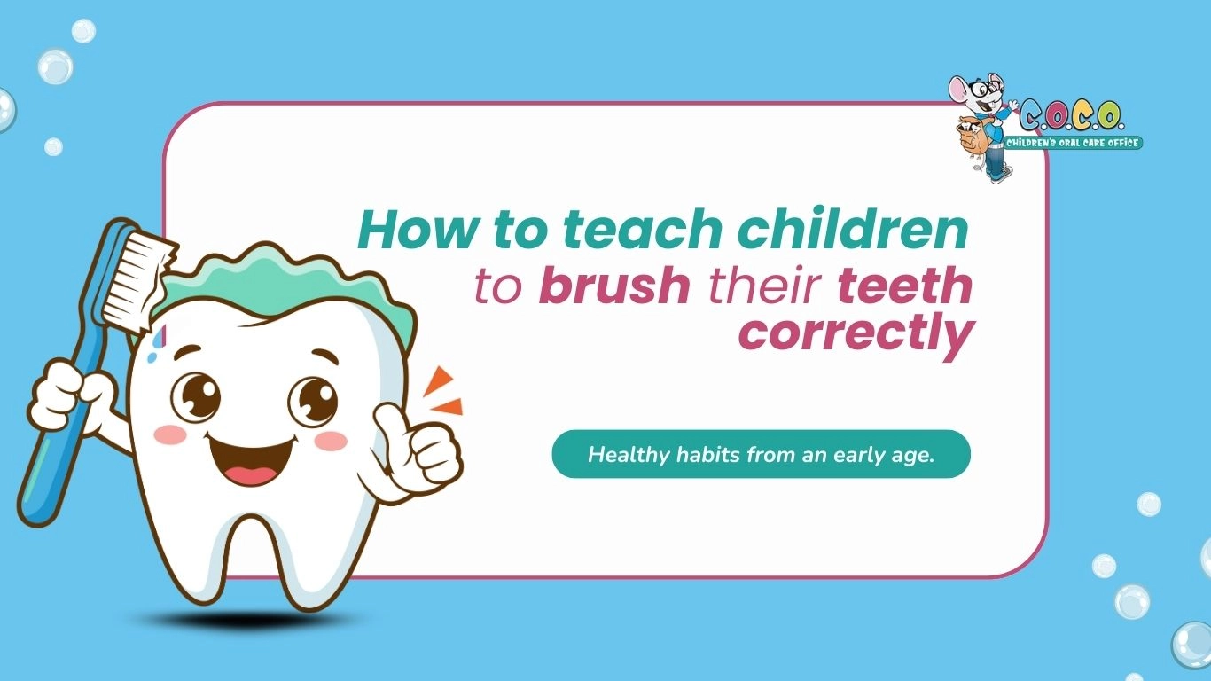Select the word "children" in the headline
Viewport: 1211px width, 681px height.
(853, 228)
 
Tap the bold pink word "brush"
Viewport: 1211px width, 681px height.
(614, 285)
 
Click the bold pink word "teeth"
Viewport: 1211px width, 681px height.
(905, 285)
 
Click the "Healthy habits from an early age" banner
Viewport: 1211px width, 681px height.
(761, 454)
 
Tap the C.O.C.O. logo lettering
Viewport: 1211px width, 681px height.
(1071, 116)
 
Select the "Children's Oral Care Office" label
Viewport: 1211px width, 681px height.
(1073, 143)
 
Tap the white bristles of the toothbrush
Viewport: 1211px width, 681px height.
(138, 279)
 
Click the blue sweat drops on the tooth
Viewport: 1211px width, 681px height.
(156, 346)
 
